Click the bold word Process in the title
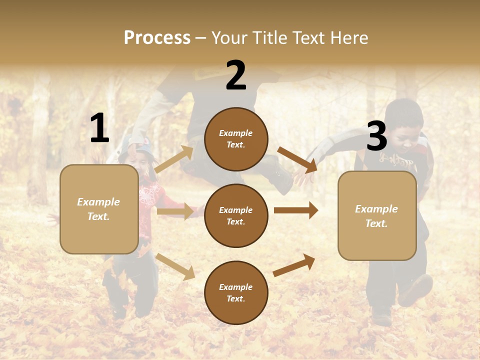[x=157, y=38]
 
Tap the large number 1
[x=99, y=128]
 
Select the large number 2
[x=236, y=75]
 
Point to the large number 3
[x=376, y=136]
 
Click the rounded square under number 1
[x=99, y=209]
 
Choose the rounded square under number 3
[x=377, y=215]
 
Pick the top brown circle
[x=236, y=139]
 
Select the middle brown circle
[x=236, y=215]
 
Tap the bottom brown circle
[x=236, y=292]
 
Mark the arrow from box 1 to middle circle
[x=175, y=211]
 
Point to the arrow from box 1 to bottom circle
[x=175, y=266]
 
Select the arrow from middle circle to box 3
[x=295, y=210]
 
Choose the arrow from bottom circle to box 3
[x=294, y=265]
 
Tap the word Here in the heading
[x=349, y=38]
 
